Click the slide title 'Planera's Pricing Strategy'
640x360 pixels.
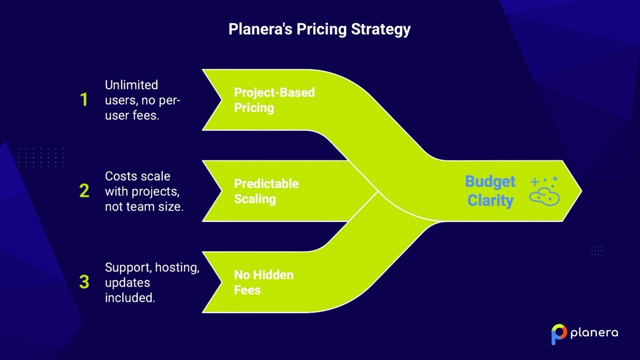point(319,29)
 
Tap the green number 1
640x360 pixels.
point(84,100)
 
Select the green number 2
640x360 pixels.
point(84,191)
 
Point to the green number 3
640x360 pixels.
point(84,282)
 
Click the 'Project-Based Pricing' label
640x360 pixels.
point(274,100)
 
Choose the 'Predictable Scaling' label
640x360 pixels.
point(266,191)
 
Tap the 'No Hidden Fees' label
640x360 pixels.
point(263,282)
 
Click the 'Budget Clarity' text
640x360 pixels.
point(490,191)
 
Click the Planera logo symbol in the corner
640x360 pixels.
point(558,333)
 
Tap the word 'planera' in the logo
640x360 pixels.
point(594,333)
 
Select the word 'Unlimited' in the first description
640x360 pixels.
point(131,85)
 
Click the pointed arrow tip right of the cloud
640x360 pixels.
point(575,190)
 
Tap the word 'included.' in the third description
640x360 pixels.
point(130,297)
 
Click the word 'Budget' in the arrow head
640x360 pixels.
point(490,181)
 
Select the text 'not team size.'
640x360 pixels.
point(144,206)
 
